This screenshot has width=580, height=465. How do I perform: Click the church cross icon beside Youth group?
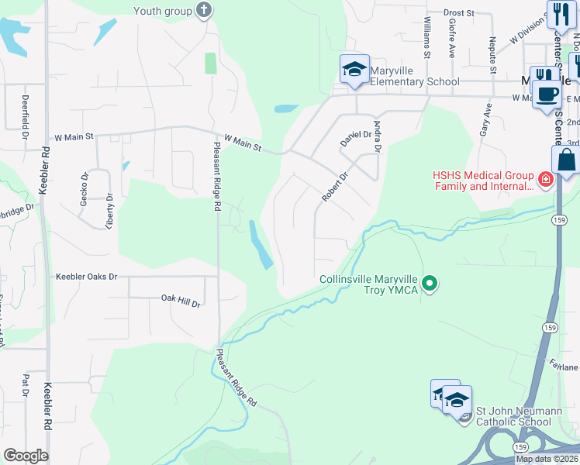pos(204,11)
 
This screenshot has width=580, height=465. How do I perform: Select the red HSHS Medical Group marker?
pos(546,180)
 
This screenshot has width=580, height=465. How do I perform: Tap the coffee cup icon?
pos(549,94)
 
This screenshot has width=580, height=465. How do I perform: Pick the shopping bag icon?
pos(567,160)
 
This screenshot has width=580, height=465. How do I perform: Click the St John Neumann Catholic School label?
pos(513,416)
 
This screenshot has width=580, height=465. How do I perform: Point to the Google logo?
pos(26,456)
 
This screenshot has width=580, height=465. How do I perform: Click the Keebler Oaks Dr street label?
pos(86,277)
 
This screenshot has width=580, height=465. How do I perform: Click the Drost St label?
pos(459,13)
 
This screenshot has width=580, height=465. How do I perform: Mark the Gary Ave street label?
pos(487,121)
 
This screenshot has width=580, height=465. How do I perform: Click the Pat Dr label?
pos(26,385)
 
